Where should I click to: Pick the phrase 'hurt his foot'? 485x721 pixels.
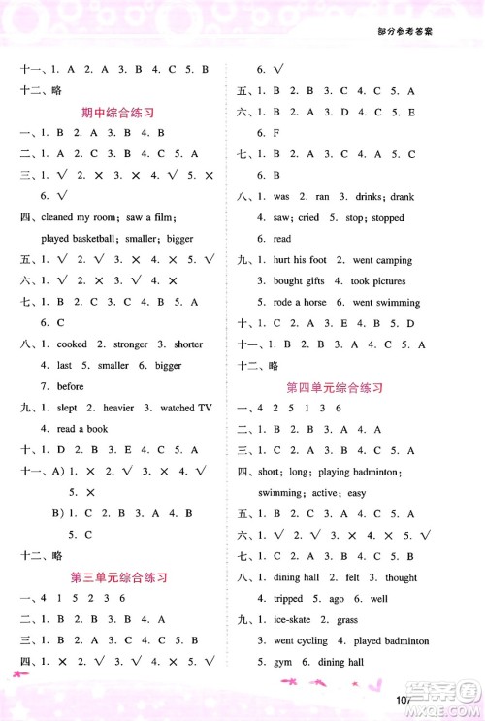pos(300,260)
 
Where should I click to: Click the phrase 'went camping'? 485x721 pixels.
pos(382,260)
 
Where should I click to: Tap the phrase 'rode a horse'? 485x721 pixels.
pos(301,303)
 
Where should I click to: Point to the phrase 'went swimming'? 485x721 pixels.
pos(387,303)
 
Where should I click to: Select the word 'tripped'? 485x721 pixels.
pos(288,599)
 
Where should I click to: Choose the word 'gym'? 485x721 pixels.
pos(279,662)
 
